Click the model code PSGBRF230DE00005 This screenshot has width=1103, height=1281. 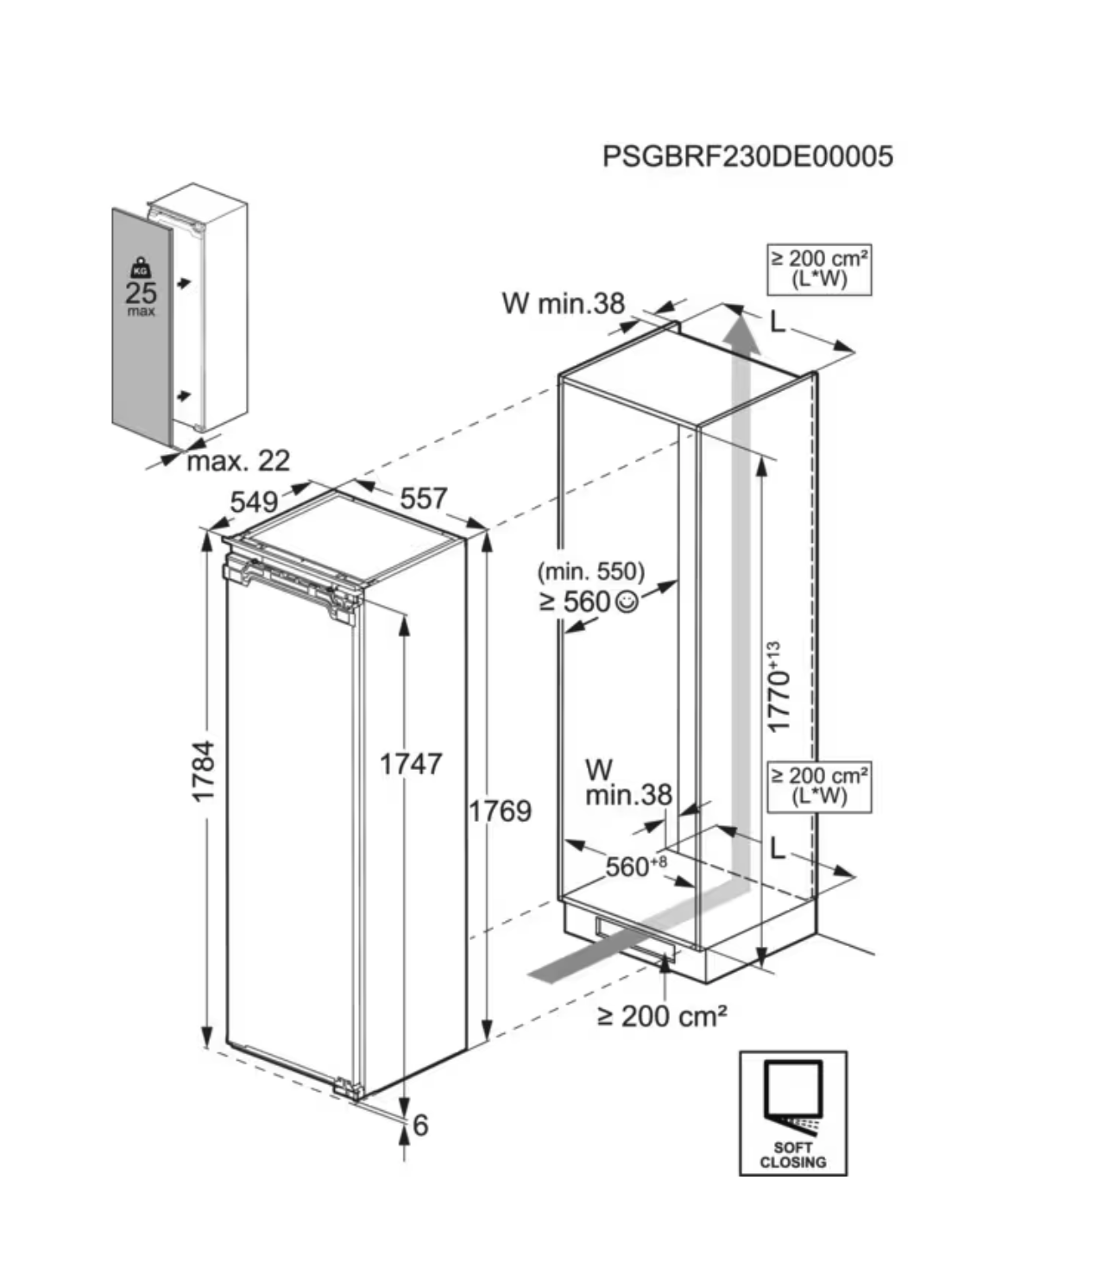pos(747,156)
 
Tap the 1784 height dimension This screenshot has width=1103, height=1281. pos(204,770)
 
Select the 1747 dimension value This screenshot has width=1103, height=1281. pos(411,764)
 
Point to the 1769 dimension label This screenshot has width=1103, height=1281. pos(500,811)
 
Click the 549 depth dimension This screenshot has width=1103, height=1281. pos(254,502)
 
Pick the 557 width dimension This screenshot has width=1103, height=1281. pos(423,498)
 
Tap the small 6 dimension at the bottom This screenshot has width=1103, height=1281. pos(420,1125)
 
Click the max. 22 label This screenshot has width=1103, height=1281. pos(238,461)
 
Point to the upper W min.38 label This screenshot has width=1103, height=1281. pos(563,303)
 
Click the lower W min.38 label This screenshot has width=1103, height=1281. pos(627,783)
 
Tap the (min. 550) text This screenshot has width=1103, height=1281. pos(590,571)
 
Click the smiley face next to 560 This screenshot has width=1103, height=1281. pos(628,602)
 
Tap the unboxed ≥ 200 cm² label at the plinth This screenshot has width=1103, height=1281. pos(662,1016)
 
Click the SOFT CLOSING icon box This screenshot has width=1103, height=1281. pos(792,1113)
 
